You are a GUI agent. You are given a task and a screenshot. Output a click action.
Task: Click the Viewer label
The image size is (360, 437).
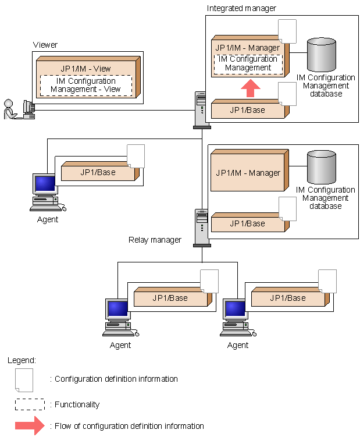pos(45,45)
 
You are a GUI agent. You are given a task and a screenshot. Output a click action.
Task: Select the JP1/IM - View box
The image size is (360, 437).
pos(86,68)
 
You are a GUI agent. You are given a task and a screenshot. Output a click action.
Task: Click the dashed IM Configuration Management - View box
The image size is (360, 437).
pos(85,86)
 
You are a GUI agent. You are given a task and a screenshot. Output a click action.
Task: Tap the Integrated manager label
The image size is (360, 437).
pos(241,8)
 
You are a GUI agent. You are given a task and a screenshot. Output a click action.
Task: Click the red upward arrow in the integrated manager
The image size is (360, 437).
pos(251,88)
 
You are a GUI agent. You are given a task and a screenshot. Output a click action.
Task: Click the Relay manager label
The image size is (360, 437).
pos(155,240)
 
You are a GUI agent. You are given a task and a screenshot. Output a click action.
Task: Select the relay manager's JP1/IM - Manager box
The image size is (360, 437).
pos(248,173)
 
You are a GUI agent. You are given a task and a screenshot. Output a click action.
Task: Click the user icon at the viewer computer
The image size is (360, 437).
pos(9,109)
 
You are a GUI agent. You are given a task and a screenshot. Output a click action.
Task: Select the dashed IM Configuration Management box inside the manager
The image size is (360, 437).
pos(248,63)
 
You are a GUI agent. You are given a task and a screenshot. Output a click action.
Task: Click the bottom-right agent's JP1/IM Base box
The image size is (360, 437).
pos(287,298)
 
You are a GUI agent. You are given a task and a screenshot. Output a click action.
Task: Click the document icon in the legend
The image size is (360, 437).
pos(24,379)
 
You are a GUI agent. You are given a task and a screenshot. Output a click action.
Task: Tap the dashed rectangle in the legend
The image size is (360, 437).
pos(30,404)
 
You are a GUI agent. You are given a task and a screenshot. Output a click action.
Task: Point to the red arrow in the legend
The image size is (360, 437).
pos(30,426)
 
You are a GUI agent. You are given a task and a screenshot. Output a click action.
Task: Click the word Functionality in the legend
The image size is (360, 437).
pos(77,404)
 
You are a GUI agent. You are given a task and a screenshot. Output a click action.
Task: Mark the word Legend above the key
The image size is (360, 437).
pos(22,360)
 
